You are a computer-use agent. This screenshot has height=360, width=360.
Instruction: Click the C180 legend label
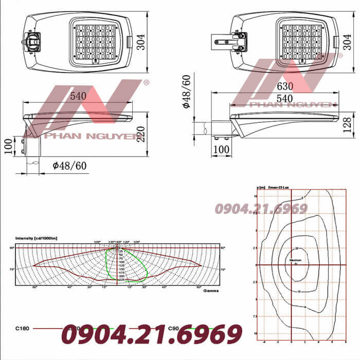tap(23, 328)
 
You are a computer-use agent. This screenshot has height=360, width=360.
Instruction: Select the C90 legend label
tap(189, 328)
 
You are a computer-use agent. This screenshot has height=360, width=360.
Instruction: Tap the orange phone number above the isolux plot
tap(261, 208)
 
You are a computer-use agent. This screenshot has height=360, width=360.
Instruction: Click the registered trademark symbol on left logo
tap(146, 82)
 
